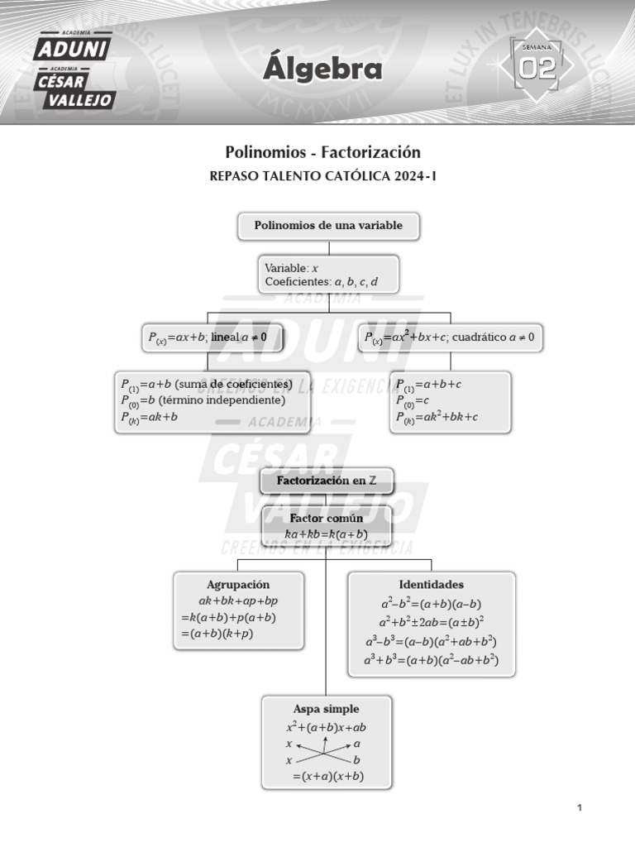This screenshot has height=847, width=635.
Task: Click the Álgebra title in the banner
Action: pyautogui.click(x=322, y=69)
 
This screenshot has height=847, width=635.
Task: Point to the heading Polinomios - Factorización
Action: pyautogui.click(x=323, y=152)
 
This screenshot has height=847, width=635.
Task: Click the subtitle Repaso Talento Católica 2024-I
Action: pyautogui.click(x=323, y=175)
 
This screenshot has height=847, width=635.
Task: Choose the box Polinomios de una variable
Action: pyautogui.click(x=328, y=226)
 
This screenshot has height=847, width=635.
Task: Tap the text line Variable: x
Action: pyautogui.click(x=291, y=268)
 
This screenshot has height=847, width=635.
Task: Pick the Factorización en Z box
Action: pyautogui.click(x=326, y=481)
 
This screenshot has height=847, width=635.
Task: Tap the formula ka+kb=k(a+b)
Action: pyautogui.click(x=326, y=534)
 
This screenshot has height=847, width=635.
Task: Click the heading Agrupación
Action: pyautogui.click(x=238, y=585)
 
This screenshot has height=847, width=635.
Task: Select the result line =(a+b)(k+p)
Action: pyautogui.click(x=217, y=634)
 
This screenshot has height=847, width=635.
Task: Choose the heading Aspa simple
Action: pyautogui.click(x=326, y=709)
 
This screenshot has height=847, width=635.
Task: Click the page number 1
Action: pyautogui.click(x=580, y=808)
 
